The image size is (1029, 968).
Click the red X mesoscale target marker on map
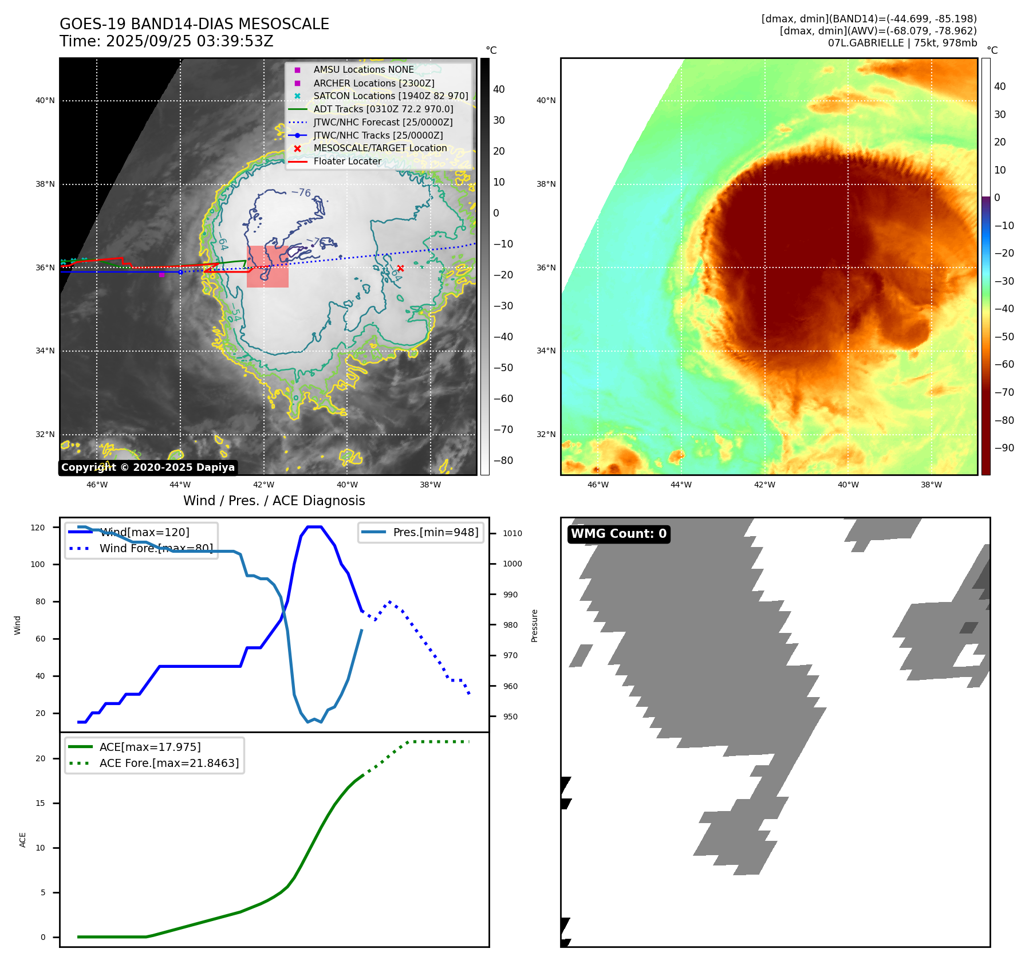(x=400, y=268)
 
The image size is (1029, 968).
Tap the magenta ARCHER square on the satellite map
(x=161, y=274)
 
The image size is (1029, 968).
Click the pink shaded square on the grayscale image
(x=267, y=266)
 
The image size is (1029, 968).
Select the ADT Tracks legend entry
(x=383, y=109)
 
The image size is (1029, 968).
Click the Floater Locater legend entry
(x=347, y=162)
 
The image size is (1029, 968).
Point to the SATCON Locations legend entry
(x=391, y=96)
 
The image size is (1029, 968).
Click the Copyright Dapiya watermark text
(x=148, y=467)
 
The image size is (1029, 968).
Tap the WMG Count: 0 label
(x=618, y=534)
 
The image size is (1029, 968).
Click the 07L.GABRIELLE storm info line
(x=902, y=43)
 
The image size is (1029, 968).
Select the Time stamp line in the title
(x=166, y=42)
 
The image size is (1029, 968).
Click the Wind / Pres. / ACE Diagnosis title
(x=274, y=501)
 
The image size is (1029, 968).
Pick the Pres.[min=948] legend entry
(x=435, y=532)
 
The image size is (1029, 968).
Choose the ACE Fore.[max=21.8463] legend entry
(x=169, y=763)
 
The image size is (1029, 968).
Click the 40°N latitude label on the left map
(x=45, y=101)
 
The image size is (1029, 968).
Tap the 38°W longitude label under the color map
(x=931, y=485)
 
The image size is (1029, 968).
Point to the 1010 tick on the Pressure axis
(x=512, y=533)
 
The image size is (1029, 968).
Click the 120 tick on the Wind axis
(x=38, y=528)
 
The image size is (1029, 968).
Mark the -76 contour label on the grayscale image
(x=301, y=192)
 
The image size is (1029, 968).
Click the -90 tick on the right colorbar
(x=1004, y=448)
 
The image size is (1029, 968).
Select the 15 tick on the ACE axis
(x=40, y=803)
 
